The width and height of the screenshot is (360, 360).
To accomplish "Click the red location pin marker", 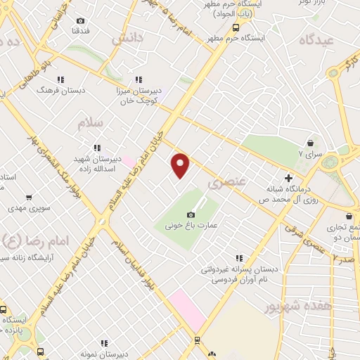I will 181,165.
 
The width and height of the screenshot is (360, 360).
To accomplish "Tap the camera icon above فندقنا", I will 79,21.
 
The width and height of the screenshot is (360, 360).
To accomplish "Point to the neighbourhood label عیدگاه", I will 315,41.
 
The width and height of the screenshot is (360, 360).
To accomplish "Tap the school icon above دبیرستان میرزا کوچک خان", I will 139,79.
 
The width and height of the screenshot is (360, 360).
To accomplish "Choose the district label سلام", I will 90,124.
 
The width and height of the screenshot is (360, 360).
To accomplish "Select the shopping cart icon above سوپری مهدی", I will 29,198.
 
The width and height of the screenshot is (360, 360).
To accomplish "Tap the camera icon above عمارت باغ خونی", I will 191,215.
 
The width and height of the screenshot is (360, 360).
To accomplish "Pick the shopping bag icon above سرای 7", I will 310,142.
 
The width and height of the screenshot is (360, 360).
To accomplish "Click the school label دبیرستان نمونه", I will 104,354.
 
